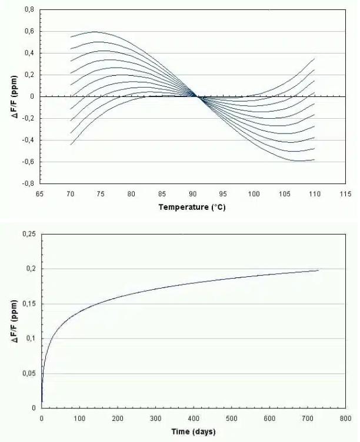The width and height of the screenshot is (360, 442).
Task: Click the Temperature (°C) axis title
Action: tap(192, 207)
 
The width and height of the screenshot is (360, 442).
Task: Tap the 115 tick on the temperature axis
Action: tap(345, 193)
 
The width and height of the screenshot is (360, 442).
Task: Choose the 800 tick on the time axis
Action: tap(345, 418)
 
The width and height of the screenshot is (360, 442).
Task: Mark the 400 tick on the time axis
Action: tap(193, 418)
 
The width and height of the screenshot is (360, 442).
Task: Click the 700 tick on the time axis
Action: tap(307, 418)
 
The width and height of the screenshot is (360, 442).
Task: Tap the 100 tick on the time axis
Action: tap(79, 418)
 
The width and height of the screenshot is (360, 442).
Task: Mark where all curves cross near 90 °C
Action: tap(196, 96)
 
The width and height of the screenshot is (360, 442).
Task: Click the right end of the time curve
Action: tap(318, 270)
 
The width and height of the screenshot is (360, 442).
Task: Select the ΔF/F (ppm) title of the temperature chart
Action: tap(14, 96)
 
